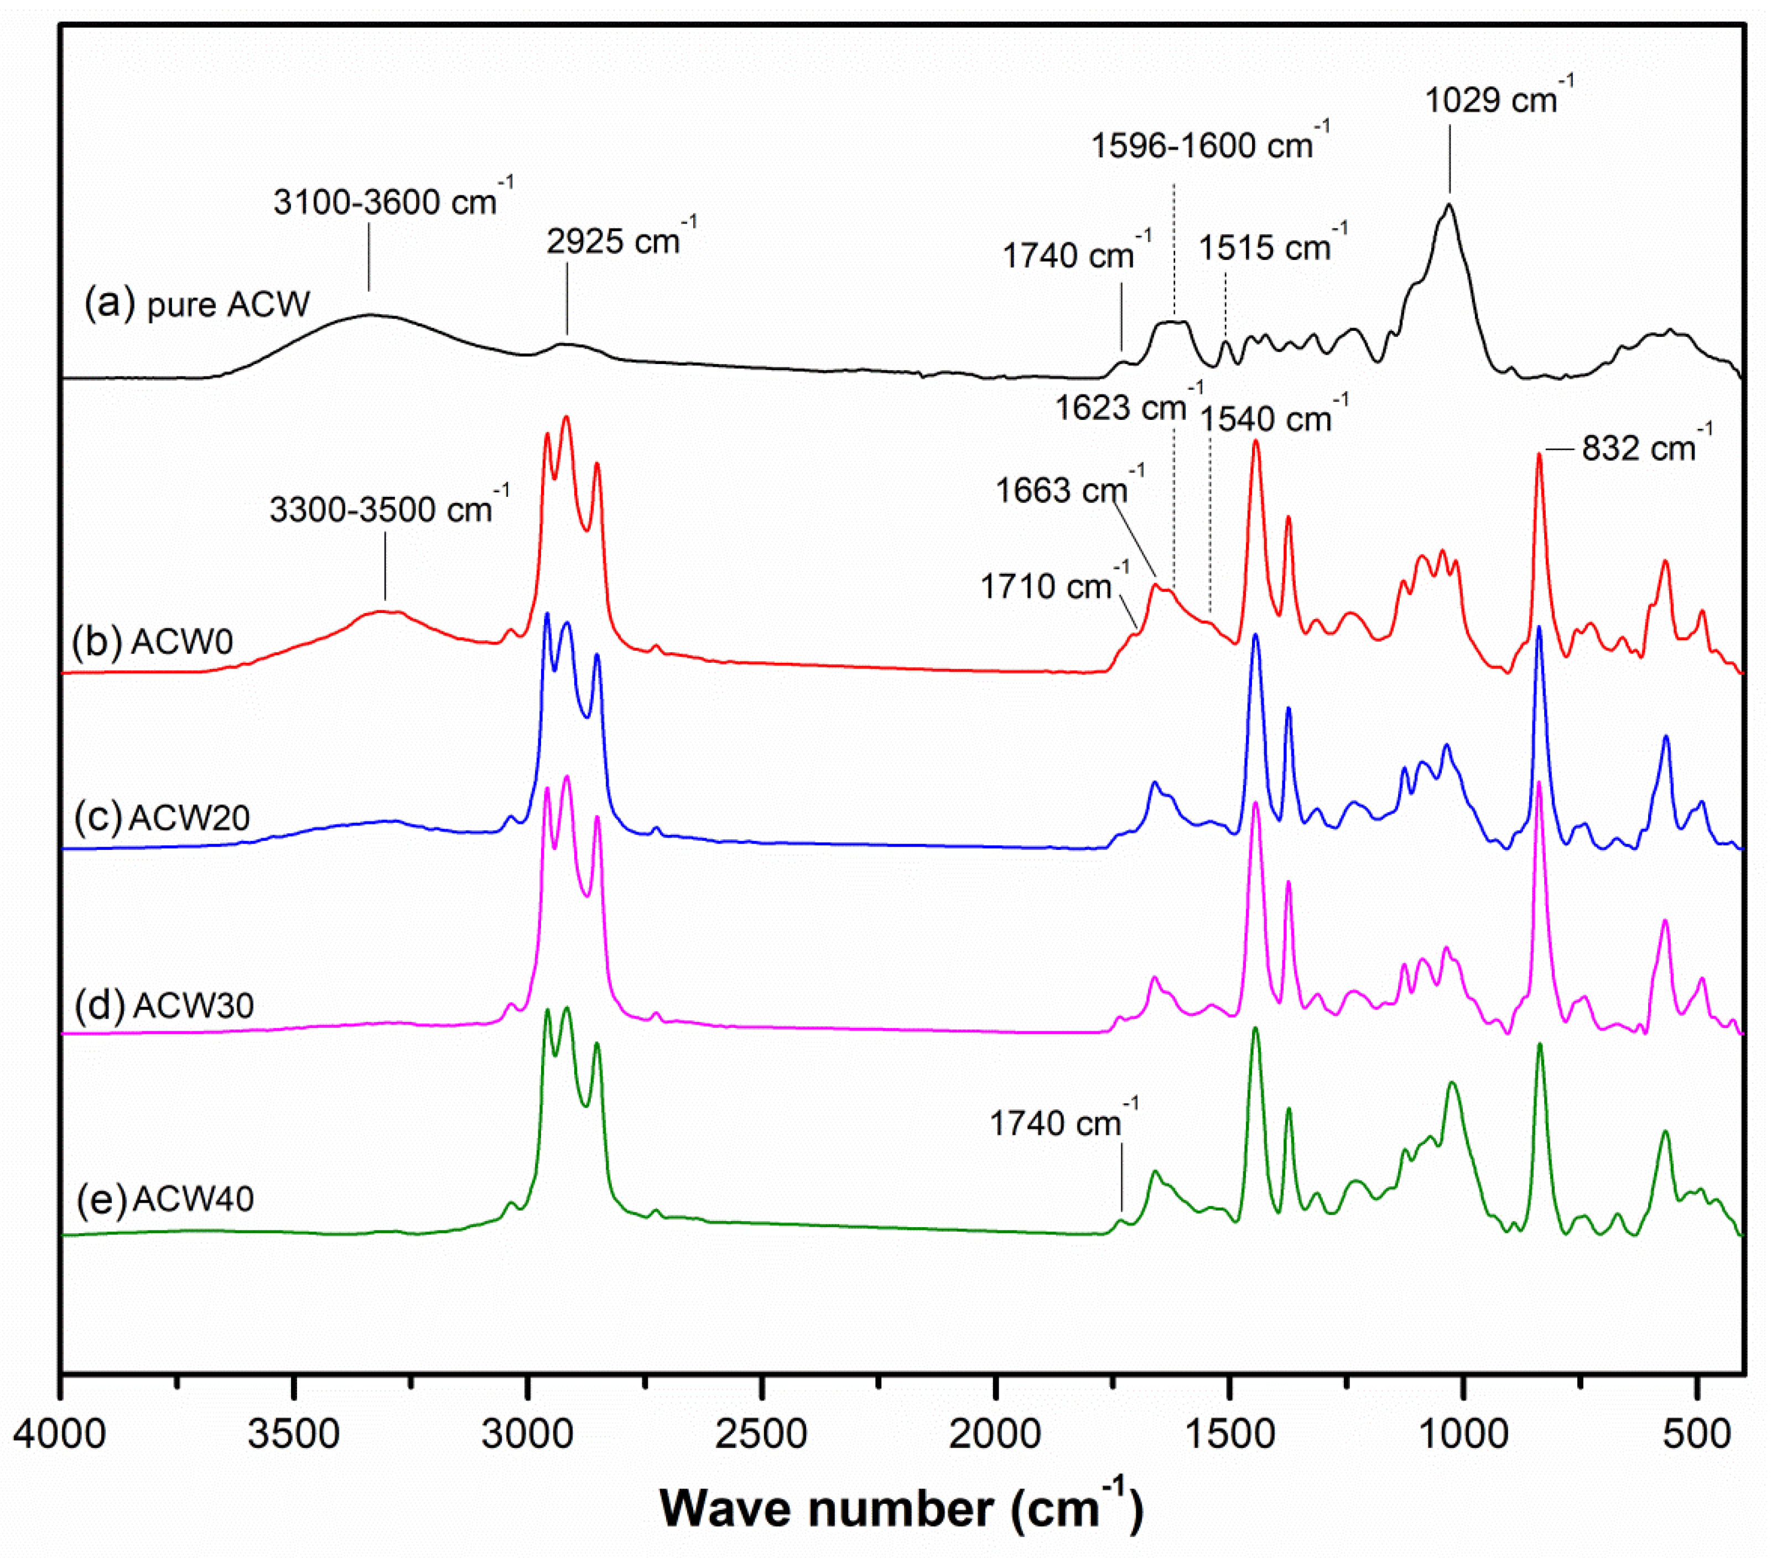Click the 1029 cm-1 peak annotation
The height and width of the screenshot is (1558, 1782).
pos(1497,98)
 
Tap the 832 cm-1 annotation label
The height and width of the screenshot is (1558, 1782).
pos(1645,447)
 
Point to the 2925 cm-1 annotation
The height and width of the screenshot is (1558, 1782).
pos(620,240)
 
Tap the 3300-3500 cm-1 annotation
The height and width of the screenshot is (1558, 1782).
pos(388,508)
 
